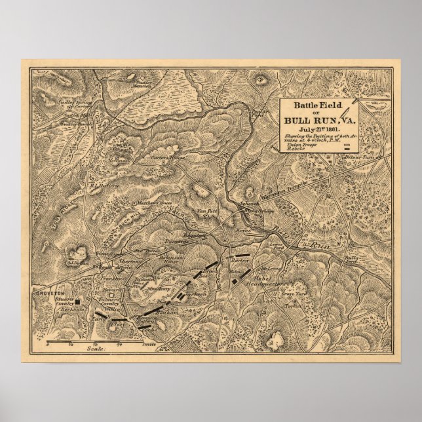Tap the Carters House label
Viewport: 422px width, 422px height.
pyautogui.click(x=167, y=158)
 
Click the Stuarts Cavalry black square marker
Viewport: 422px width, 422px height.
pyautogui.click(x=77, y=302)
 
